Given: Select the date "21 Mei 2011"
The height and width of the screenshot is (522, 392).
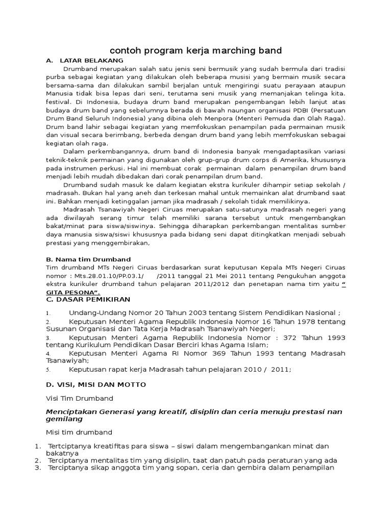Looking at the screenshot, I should coord(222,276).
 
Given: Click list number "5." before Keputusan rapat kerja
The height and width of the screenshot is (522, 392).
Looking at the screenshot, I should coord(48,370).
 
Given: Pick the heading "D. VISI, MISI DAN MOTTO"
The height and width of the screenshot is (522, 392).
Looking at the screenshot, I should coord(95,384).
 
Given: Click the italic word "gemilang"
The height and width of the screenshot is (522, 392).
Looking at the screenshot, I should coord(64,419).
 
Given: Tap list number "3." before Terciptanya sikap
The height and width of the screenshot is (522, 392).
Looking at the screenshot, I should coord(37,468).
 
